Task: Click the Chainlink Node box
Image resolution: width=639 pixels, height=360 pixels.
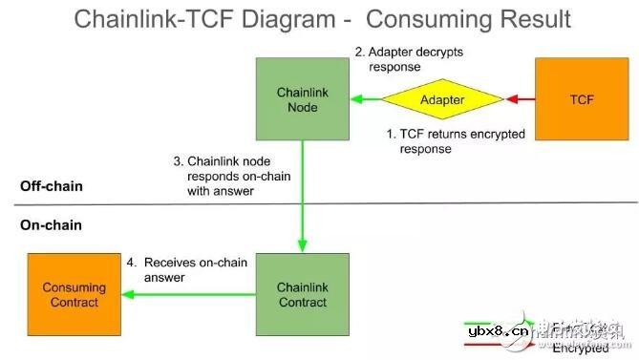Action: [302, 99]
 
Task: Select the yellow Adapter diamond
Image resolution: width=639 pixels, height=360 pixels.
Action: [442, 99]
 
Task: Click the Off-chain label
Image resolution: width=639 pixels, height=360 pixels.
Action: [51, 185]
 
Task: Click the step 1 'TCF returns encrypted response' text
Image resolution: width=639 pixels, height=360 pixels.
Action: [456, 141]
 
